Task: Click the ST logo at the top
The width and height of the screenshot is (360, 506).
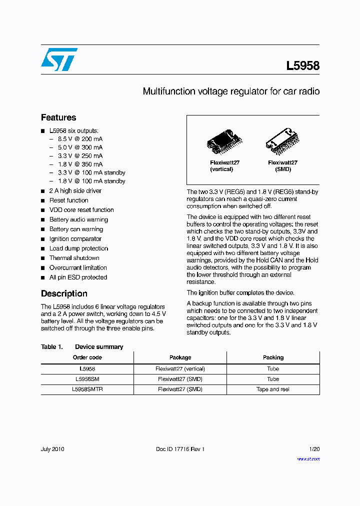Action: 59,59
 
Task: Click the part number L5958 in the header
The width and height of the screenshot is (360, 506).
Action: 302,65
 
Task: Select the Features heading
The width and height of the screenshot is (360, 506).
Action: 58,117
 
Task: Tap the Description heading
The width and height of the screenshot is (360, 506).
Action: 64,293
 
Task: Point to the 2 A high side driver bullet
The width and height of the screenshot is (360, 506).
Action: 75,190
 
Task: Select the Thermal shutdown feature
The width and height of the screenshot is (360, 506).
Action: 74,258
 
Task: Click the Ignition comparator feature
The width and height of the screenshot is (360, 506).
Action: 75,239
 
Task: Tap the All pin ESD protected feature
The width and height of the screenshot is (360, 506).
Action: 78,277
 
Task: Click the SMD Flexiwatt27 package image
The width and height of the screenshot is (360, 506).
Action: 282,140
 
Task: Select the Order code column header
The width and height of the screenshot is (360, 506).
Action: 87,357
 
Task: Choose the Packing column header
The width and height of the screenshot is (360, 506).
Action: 273,357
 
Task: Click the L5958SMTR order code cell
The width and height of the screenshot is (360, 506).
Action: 87,389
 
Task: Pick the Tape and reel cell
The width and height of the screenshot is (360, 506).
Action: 273,389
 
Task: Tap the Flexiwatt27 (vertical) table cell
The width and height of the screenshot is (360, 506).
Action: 180,368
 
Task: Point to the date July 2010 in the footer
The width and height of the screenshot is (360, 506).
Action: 52,449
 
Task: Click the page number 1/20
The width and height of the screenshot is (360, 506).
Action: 314,449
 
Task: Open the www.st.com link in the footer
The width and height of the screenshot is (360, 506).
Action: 308,458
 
